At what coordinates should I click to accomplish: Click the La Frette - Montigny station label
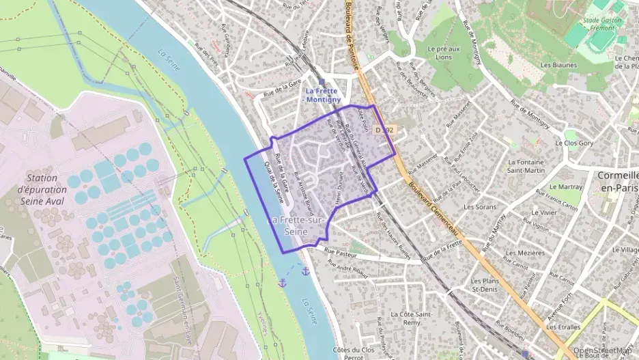(323, 95)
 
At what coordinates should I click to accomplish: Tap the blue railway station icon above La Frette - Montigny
(322, 81)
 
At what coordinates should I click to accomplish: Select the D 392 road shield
(385, 129)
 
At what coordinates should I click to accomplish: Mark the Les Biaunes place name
(558, 66)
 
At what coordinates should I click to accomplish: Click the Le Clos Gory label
(574, 143)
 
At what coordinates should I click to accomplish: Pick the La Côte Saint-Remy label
(410, 318)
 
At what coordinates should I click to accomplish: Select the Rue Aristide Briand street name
(302, 193)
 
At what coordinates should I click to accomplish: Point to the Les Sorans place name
(479, 206)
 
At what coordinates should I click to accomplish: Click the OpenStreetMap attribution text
(605, 351)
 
